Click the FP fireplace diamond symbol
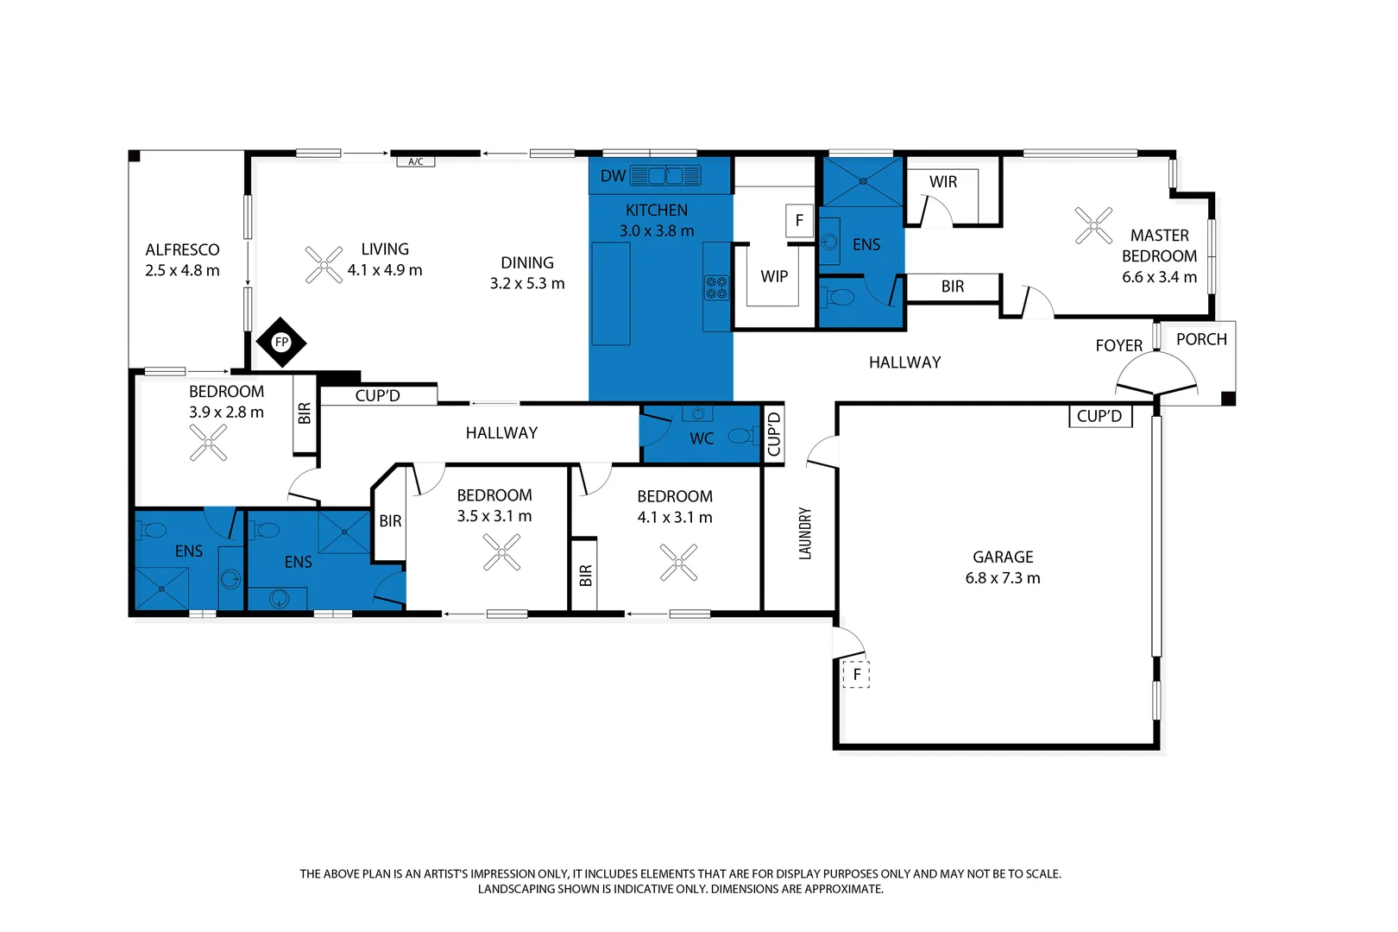[x=281, y=343]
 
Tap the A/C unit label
[x=415, y=161]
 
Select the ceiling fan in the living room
[x=324, y=265]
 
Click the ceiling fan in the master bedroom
[x=1093, y=225]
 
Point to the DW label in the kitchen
[x=613, y=176]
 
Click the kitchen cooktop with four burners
[x=716, y=287]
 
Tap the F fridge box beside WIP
[x=799, y=220]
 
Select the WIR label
[x=942, y=182]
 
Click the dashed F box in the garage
[x=856, y=674]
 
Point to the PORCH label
[x=1201, y=339]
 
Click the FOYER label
[x=1118, y=345]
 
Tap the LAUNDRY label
[x=805, y=533]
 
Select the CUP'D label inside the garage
[x=1099, y=416]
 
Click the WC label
[x=702, y=438]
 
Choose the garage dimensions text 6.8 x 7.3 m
[x=1002, y=578]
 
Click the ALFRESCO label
[x=182, y=249]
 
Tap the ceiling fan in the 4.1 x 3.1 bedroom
[x=678, y=563]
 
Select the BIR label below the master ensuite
[x=952, y=287]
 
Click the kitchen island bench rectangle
[x=611, y=293]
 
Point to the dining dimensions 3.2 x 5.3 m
[x=526, y=283]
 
